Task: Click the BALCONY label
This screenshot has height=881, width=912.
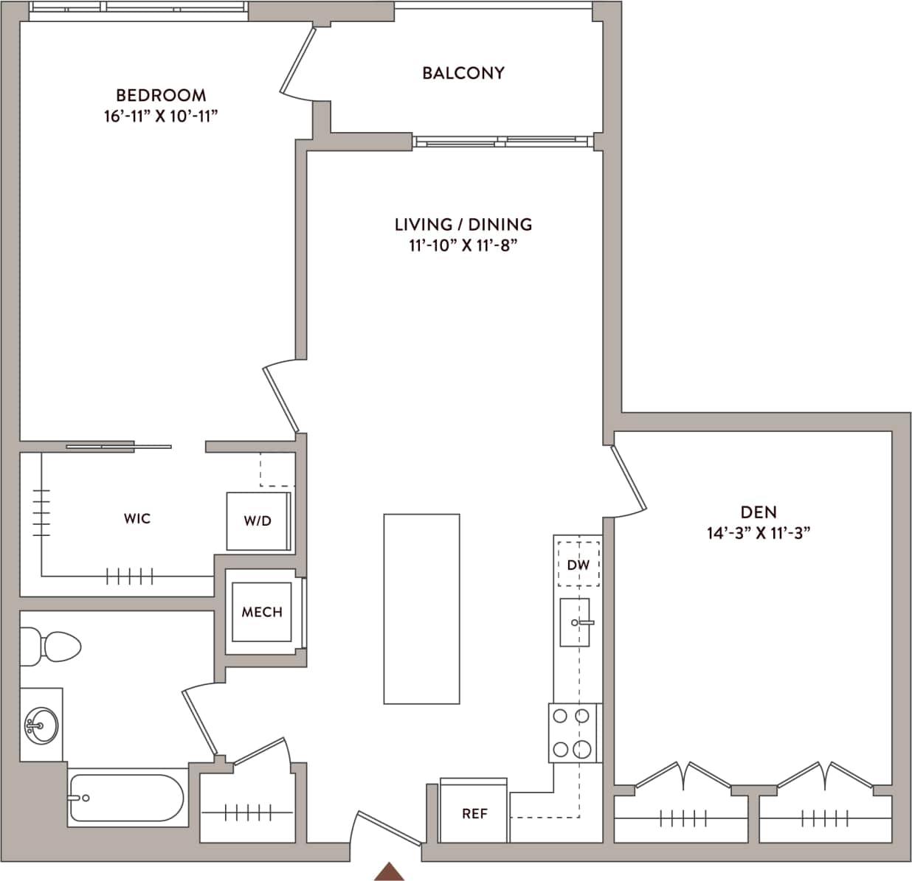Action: pos(463,73)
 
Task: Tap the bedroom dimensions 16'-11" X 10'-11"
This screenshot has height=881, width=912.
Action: pos(161,116)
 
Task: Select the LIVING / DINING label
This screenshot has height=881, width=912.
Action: pos(463,224)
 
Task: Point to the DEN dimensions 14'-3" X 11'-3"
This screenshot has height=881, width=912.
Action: pos(758,533)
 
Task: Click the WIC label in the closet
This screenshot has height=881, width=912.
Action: pos(137,519)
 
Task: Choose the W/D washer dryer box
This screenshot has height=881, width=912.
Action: pos(258,520)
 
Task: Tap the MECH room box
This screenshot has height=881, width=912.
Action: pos(262,612)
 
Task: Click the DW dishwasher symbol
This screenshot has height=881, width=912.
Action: pos(578,565)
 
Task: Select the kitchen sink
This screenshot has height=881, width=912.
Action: pos(575,622)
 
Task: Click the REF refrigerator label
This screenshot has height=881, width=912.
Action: pos(474,814)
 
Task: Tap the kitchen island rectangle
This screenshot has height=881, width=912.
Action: pos(421,609)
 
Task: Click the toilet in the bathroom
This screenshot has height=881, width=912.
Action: pos(52,647)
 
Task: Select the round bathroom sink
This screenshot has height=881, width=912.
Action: pos(40,725)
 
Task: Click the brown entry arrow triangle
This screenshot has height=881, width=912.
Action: pos(389,871)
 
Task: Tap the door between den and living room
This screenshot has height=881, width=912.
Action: pos(628,479)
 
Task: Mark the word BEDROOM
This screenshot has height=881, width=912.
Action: pos(161,95)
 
